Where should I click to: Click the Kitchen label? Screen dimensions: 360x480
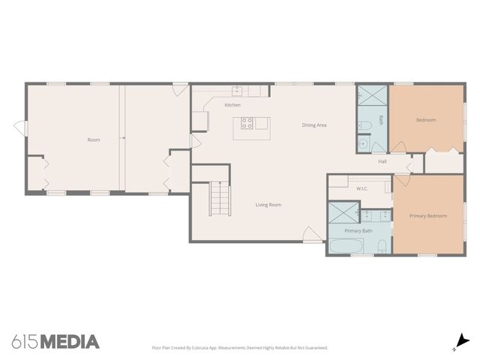point(232,105)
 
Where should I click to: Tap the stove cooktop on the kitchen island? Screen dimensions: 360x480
point(247,124)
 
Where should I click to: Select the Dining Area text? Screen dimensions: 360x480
point(314,125)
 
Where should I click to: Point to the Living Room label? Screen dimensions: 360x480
point(268,205)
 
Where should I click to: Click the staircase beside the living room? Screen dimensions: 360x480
point(219,199)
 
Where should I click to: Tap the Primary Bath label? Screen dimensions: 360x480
point(358,231)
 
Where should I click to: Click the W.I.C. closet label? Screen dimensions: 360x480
point(361,189)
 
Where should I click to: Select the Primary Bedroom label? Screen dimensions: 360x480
point(427,216)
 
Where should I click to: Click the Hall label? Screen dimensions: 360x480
point(382,161)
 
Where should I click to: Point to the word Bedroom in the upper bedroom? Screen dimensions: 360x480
point(426,120)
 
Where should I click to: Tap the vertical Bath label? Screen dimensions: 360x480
point(381,120)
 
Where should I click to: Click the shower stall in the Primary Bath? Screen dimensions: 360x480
point(342,214)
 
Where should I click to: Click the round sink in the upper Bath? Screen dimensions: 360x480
point(362,142)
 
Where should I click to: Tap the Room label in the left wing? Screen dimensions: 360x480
point(94,139)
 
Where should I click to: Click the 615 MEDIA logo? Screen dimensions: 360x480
point(55,342)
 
